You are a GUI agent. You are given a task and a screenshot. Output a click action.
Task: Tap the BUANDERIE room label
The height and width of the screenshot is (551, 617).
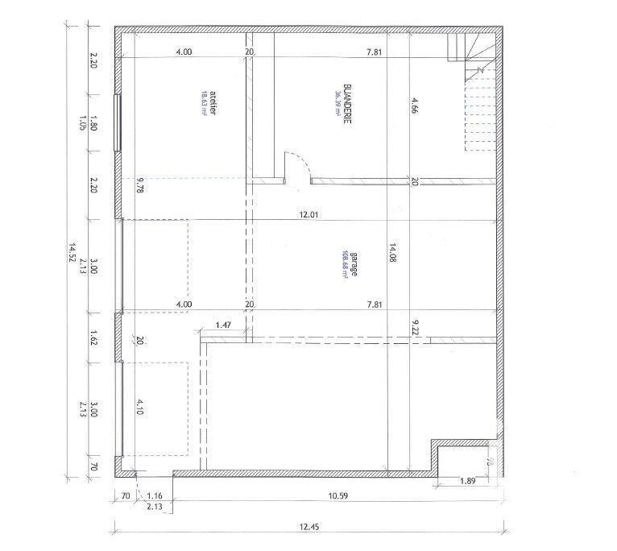[346, 99]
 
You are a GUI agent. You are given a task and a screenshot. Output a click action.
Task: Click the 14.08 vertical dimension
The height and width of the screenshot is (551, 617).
[394, 255]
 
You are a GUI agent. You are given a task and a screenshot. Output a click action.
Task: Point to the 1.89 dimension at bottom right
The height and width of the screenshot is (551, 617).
[466, 482]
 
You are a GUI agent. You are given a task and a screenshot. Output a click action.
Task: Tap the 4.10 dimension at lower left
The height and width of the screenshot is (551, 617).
[139, 408]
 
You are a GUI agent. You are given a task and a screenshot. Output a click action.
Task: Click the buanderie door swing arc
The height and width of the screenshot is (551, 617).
[297, 164]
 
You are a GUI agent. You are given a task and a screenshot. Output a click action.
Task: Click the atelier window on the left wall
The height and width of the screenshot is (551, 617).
[118, 124]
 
